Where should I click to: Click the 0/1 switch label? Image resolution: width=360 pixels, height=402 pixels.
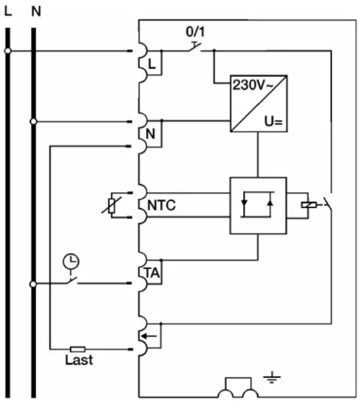tap(195, 32)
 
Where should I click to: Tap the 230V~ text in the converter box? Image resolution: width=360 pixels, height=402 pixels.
tap(252, 85)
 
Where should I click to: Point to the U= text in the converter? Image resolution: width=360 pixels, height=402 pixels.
tap(273, 122)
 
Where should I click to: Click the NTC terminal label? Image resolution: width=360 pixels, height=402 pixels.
tap(161, 205)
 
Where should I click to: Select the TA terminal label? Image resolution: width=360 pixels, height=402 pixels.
tap(152, 273)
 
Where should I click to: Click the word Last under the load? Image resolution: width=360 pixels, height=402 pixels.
tap(79, 360)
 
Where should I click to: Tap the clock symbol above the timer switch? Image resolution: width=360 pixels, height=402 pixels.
tap(71, 261)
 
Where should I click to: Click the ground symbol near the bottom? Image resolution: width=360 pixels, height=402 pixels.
tap(272, 378)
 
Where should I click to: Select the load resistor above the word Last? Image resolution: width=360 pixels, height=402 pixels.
tap(78, 349)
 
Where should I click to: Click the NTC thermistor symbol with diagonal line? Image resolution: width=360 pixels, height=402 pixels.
tap(112, 206)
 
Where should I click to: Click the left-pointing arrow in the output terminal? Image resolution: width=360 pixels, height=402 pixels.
tap(149, 336)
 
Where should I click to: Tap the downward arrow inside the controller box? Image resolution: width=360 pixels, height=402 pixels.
tap(244, 202)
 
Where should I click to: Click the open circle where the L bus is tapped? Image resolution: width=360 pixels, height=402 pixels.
tap(8, 51)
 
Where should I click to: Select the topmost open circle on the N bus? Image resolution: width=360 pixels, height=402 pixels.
tap(34, 122)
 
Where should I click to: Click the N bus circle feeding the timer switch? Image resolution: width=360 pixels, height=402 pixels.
tap(33, 284)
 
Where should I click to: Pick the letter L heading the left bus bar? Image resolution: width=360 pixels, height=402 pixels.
tap(8, 11)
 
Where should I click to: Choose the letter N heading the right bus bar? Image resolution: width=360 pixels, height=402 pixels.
tap(36, 11)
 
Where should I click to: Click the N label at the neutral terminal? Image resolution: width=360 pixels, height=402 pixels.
tap(150, 134)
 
